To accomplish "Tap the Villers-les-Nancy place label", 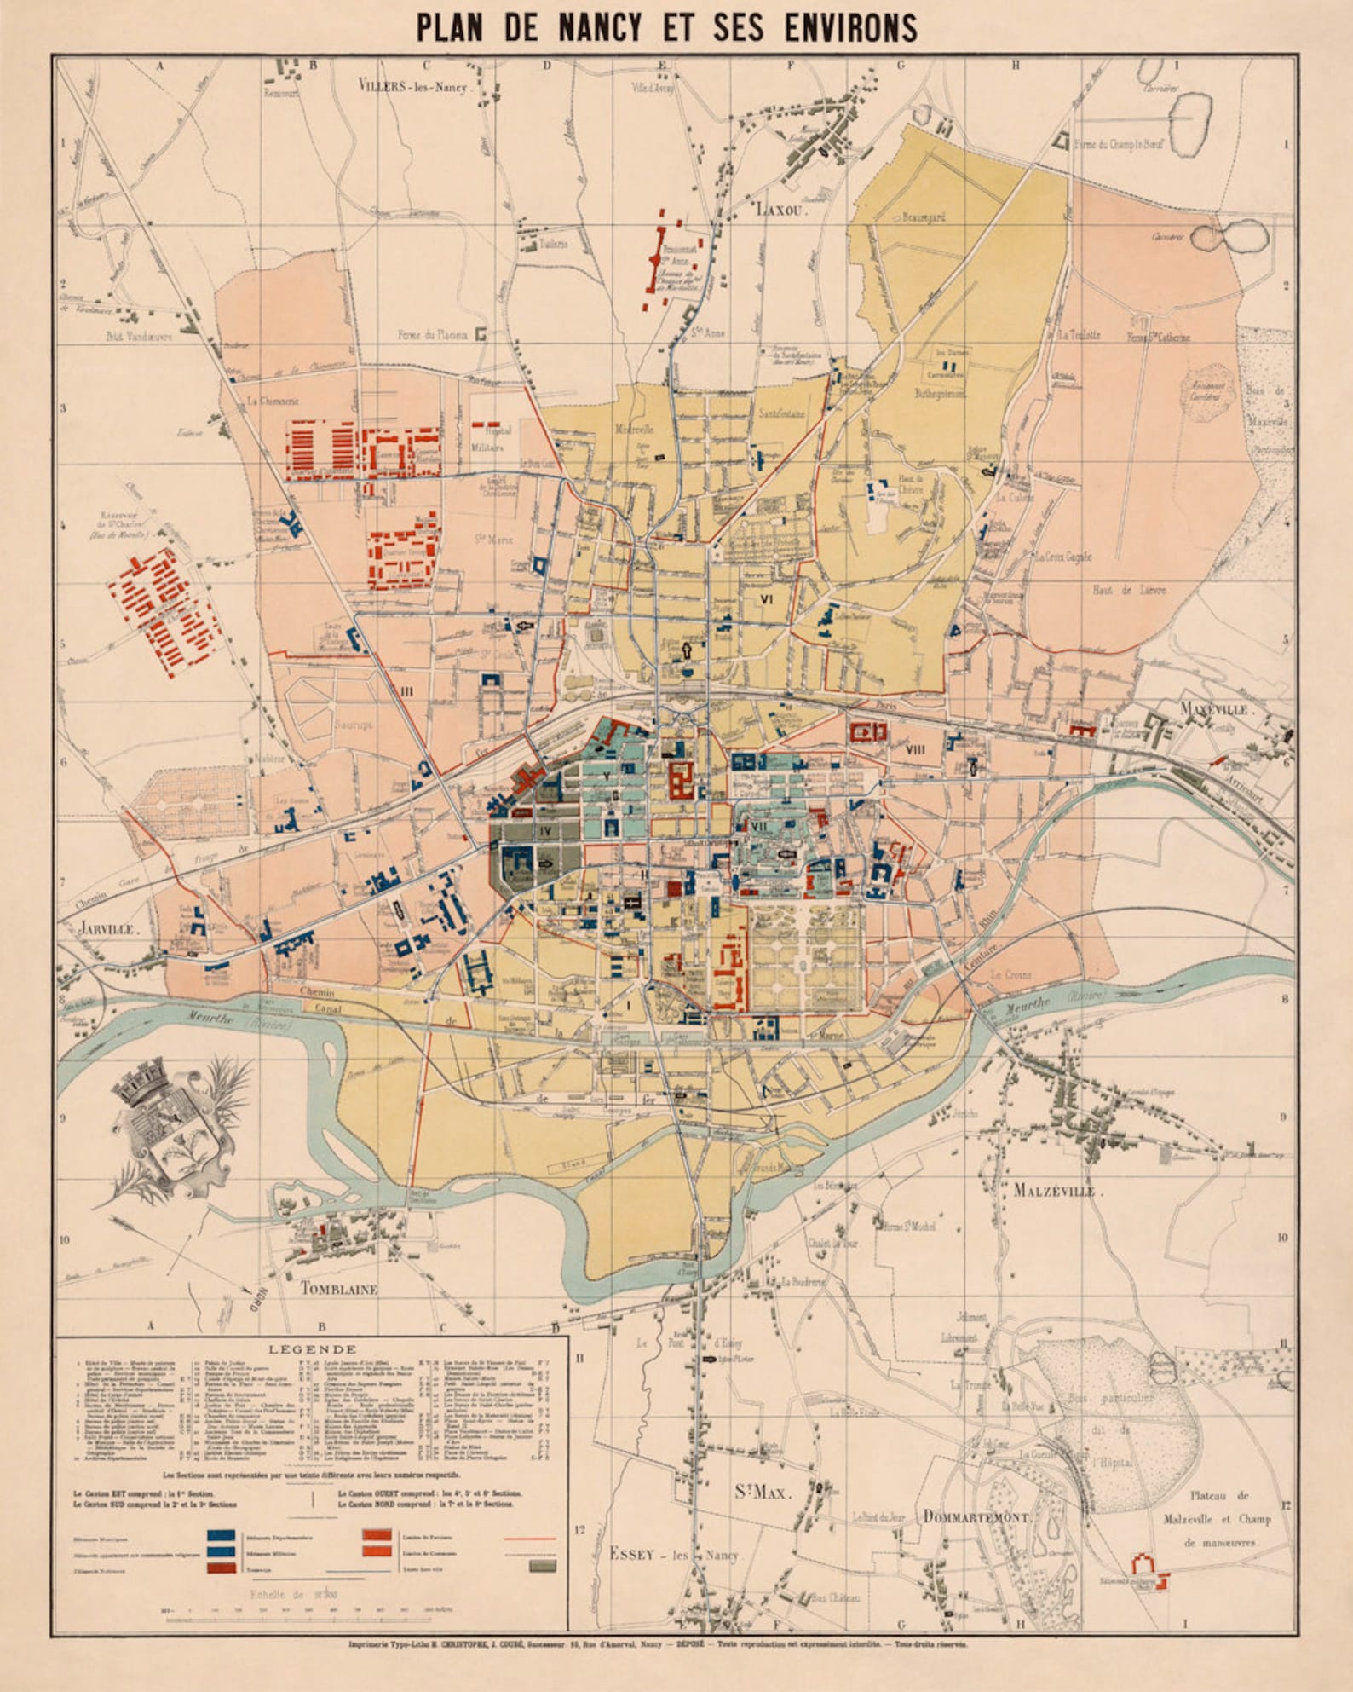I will pos(412,86).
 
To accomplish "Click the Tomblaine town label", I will pos(338,1289).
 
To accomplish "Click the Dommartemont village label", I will pos(976,1516).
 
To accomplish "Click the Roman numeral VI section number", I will pos(766,599).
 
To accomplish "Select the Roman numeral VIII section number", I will pos(915,750).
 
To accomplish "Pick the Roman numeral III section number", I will pos(406,691).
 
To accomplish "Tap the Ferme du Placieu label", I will pos(433,335).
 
